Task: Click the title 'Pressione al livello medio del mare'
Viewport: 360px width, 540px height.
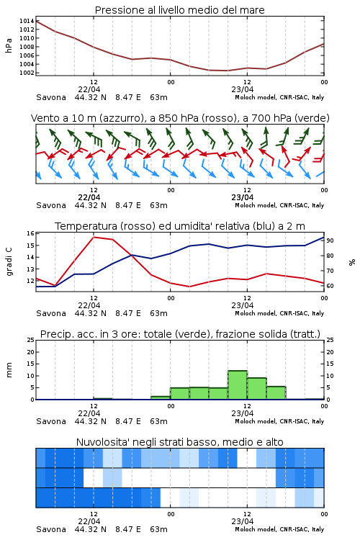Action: pos(179,10)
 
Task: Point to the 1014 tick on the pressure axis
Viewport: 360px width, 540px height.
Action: pos(27,21)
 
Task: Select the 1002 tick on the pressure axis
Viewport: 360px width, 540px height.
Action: pos(27,73)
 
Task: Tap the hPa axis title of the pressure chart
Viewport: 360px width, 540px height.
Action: pos(9,45)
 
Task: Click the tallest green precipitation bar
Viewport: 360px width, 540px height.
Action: pos(238,385)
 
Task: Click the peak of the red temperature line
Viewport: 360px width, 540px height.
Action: pos(94,237)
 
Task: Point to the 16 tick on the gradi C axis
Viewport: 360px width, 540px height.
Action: pos(30,233)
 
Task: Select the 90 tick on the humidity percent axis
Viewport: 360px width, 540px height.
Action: pos(330,240)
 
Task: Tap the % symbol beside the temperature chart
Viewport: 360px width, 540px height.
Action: pos(352,262)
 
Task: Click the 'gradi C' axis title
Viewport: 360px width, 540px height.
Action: pos(9,262)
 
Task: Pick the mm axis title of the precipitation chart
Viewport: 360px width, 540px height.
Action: pos(9,370)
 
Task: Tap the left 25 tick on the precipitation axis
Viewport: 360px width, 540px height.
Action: pos(30,340)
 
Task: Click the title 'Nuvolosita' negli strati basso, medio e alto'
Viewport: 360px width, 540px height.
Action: pos(179,442)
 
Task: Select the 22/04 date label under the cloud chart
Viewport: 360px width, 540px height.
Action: pos(89,521)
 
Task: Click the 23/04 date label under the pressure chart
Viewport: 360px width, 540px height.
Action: pos(242,89)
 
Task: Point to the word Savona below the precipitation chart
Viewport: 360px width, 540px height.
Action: pos(51,421)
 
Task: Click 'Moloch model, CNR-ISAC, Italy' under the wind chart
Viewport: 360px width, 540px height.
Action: pos(279,205)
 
